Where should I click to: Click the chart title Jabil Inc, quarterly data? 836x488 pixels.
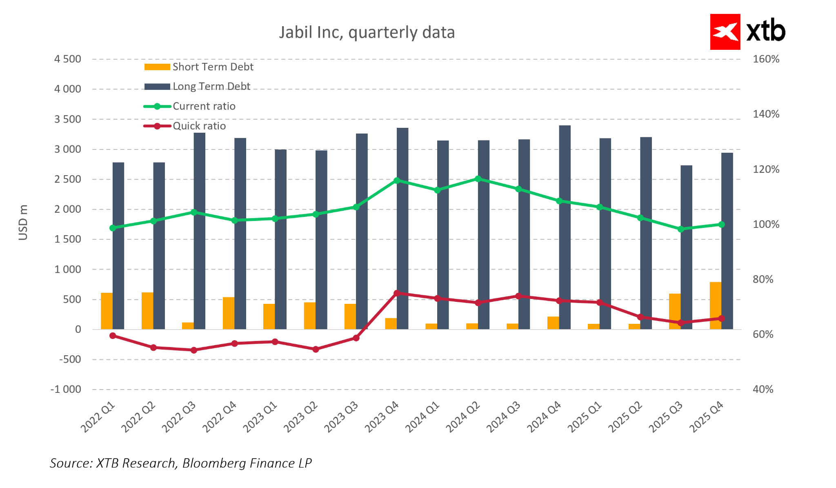(x=367, y=33)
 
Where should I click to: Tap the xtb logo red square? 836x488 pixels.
(x=725, y=32)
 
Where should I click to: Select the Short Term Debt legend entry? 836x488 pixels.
(x=199, y=67)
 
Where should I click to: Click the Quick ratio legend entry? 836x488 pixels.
(x=185, y=126)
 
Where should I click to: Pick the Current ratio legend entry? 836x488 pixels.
(x=190, y=107)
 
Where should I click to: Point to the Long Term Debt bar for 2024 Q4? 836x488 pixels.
(x=565, y=227)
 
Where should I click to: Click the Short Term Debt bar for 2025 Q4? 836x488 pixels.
(x=715, y=305)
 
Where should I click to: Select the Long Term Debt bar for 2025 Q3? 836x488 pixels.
(x=687, y=247)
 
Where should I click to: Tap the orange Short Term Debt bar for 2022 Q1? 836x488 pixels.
(x=107, y=311)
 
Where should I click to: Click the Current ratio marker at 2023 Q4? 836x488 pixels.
(x=396, y=180)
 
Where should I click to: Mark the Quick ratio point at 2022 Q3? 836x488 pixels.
(x=194, y=350)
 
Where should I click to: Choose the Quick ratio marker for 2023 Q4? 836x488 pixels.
(x=396, y=293)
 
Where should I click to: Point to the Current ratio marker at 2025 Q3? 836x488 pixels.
(x=681, y=229)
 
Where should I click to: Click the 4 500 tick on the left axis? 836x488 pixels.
(x=68, y=59)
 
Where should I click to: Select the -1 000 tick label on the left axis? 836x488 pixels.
(x=66, y=390)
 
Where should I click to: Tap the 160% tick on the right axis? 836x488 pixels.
(x=766, y=59)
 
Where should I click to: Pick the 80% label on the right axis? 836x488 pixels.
(x=763, y=280)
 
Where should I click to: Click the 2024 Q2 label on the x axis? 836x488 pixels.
(x=463, y=417)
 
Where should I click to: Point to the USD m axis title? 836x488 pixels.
(x=23, y=223)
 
